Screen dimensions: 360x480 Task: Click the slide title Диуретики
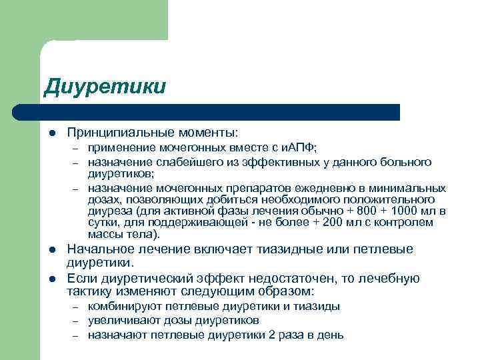click(x=104, y=87)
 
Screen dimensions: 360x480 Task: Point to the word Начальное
click(x=99, y=250)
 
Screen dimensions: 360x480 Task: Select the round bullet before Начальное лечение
click(x=51, y=251)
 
